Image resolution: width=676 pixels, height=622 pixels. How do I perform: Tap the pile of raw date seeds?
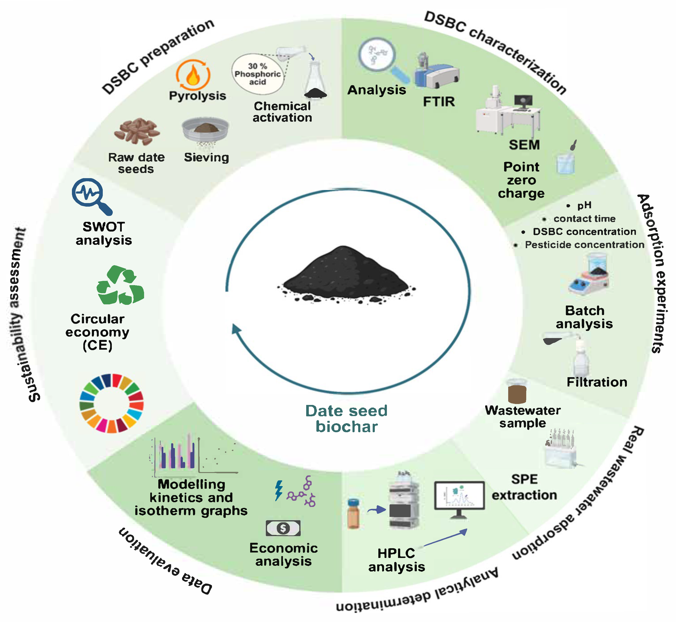136,131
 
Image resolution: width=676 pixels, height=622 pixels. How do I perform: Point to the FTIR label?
439,102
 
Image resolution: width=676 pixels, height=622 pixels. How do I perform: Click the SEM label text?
524,145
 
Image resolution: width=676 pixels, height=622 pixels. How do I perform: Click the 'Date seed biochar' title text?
346,419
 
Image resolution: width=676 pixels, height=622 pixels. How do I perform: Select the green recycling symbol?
120,285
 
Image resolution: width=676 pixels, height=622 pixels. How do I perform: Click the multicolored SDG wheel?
112,403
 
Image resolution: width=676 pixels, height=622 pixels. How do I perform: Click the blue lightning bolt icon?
279,490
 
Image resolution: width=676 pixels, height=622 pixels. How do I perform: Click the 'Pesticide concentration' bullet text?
584,245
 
